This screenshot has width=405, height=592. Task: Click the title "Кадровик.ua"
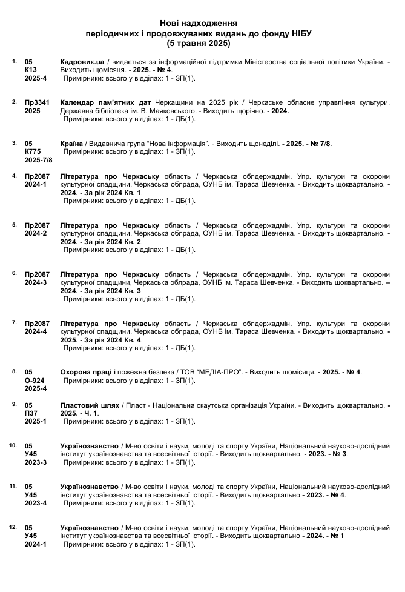point(84,62)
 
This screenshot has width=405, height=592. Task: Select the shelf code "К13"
point(31,70)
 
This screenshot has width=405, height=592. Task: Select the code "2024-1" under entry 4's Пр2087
point(36,184)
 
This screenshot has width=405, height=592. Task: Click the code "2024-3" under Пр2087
point(36,282)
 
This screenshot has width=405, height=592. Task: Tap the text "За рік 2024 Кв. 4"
point(111,339)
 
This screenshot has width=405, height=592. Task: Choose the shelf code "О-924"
point(35,380)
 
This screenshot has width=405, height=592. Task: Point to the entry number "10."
point(13,445)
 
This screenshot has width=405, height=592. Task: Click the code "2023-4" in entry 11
point(36,503)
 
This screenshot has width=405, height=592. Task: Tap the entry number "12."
point(13,527)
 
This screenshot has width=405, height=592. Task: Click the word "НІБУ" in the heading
point(301,33)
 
